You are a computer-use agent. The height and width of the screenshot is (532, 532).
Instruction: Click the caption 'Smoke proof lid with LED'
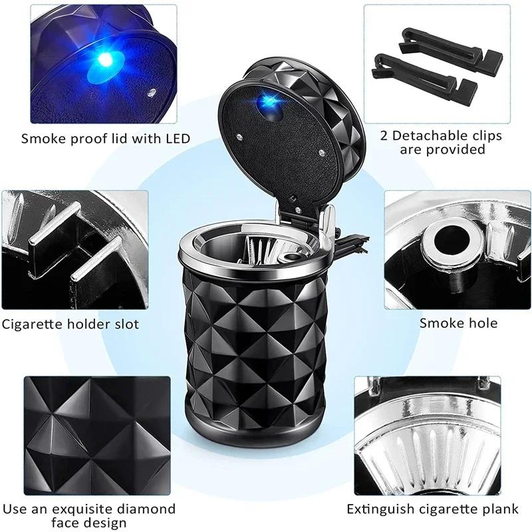coord(105,139)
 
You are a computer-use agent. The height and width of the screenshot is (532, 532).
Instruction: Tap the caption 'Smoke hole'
coord(458,323)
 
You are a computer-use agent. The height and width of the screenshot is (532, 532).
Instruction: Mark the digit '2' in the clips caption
coord(384,136)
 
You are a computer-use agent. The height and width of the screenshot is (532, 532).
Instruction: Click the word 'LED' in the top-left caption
coord(177,139)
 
